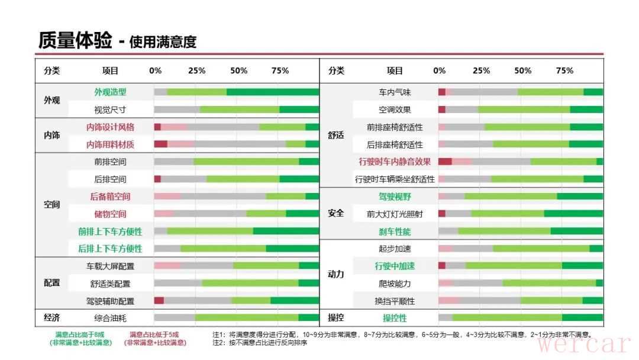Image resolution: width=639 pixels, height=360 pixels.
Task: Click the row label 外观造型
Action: pos(110,92)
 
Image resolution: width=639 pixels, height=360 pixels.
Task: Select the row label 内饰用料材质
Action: pos(110,144)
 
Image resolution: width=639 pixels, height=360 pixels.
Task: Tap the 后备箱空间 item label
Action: pos(110,196)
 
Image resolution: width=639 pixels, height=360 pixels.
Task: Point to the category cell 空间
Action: pos(52,205)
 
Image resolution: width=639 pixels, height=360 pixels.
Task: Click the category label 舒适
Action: pos(335,135)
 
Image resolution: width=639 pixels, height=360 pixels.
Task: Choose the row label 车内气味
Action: pos(395,92)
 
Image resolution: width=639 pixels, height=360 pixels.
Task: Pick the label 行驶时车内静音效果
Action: pos(395,161)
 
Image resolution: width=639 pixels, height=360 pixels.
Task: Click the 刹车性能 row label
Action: pos(395,231)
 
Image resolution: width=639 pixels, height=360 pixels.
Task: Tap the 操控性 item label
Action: pos(395,318)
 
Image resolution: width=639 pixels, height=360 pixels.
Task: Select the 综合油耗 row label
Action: pos(110,318)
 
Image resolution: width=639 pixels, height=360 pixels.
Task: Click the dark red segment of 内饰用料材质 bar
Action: pos(160,144)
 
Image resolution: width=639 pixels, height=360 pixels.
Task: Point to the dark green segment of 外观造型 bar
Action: pos(273,92)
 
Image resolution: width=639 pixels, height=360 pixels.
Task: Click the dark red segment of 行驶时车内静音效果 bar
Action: pos(445,161)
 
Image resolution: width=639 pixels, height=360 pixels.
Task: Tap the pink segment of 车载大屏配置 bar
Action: pos(167,266)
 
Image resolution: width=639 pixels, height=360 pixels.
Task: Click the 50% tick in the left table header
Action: pos(238,70)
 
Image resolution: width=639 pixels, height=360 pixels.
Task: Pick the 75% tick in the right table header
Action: pos(564,70)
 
